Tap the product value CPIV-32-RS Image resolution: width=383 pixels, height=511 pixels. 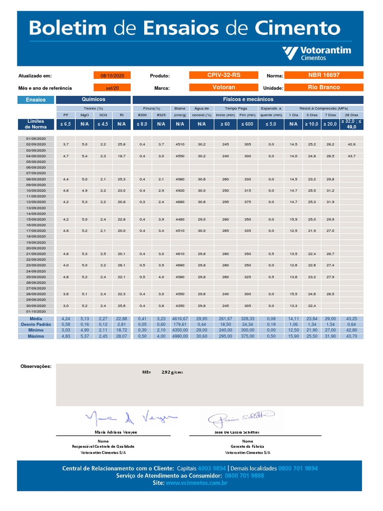click(224, 75)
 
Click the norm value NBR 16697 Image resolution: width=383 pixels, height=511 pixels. click(324, 75)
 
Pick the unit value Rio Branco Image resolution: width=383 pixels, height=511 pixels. click(324, 87)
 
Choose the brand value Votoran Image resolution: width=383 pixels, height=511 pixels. click(224, 87)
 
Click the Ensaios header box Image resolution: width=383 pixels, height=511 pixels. click(35, 99)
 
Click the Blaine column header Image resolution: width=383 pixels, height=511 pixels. click(180, 108)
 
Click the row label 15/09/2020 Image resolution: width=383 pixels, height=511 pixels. click(35, 220)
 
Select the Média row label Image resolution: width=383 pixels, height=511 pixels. click(35, 318)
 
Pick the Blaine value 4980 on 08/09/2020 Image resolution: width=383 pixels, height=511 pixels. click(180, 179)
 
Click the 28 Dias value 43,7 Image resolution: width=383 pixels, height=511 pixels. click(351, 156)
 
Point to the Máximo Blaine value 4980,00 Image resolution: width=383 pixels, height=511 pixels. click(180, 336)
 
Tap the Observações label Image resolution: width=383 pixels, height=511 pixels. click(35, 366)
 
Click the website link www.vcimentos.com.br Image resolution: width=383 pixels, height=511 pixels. click(196, 483)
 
